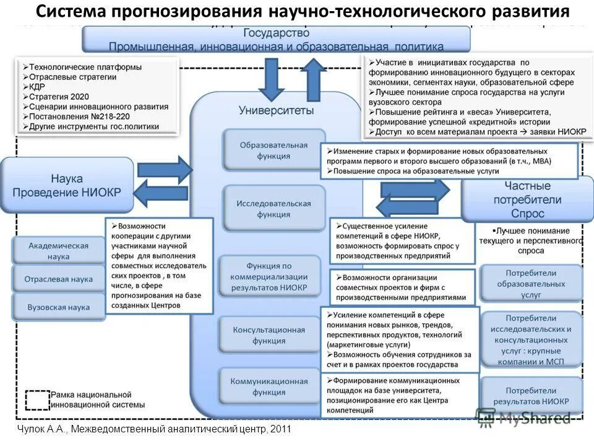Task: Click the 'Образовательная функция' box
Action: tap(273, 150)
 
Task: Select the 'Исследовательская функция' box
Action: tap(273, 209)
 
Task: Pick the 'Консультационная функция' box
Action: tap(269, 335)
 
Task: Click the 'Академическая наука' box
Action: tap(58, 251)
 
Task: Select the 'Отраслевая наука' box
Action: tap(58, 279)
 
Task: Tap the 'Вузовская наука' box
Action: tap(58, 307)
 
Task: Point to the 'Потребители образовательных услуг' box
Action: tap(531, 284)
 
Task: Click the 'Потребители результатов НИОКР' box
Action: tap(531, 396)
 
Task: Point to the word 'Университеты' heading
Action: tap(276, 110)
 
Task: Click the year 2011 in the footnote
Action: tap(279, 429)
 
